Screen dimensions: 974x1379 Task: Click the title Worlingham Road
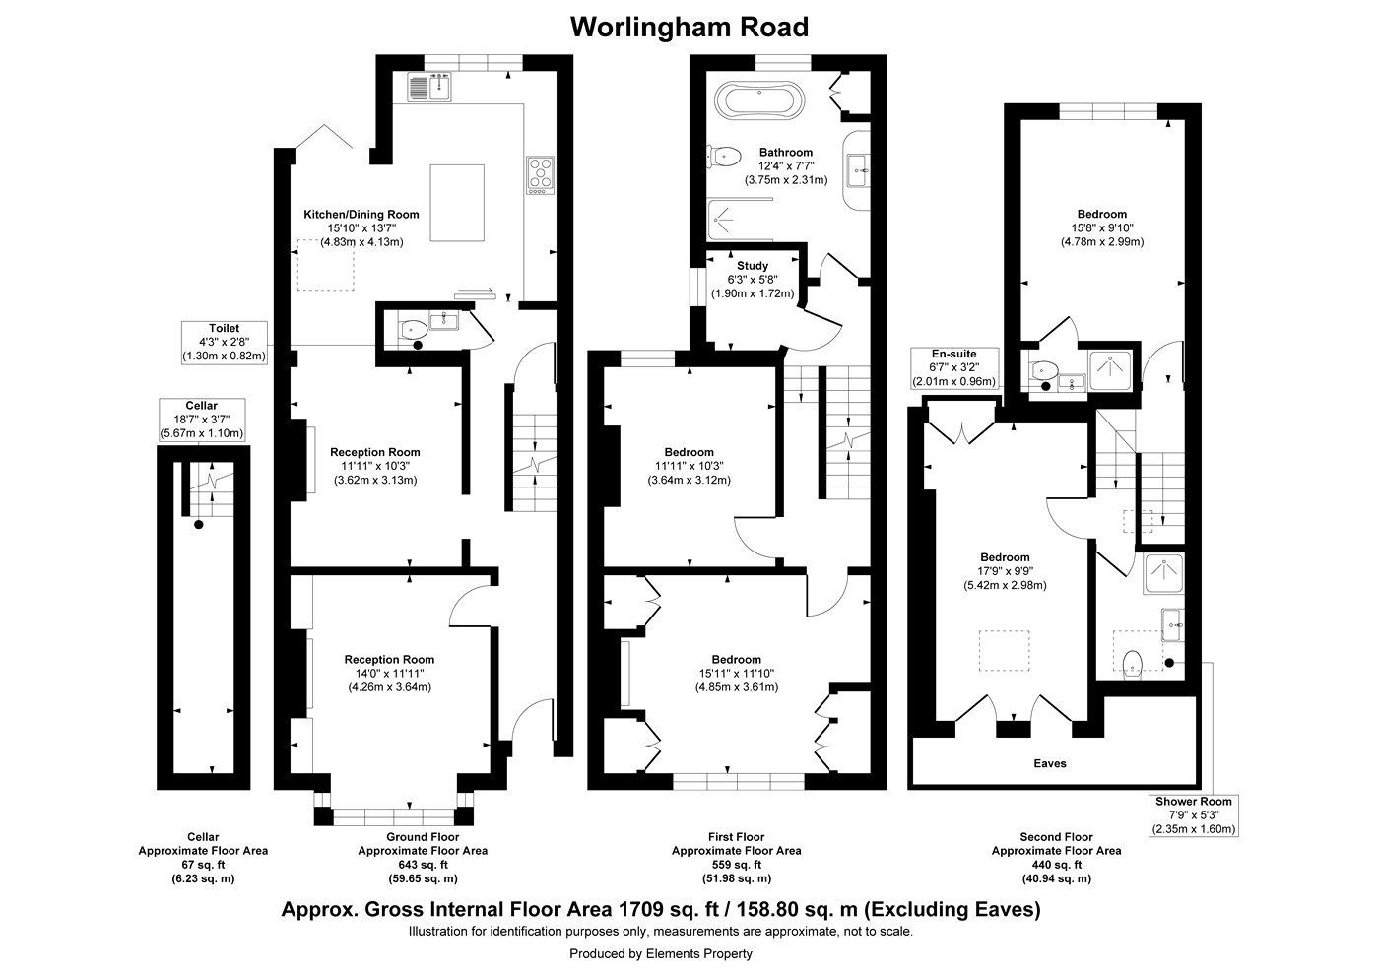pyautogui.click(x=689, y=27)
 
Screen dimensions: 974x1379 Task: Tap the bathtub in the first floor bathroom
pyautogui.click(x=759, y=99)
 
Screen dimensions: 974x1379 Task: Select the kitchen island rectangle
pyautogui.click(x=457, y=203)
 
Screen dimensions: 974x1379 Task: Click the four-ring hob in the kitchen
pyautogui.click(x=541, y=174)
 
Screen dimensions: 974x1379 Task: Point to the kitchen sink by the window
pyautogui.click(x=428, y=87)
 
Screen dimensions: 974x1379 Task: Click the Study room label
pyautogui.click(x=753, y=266)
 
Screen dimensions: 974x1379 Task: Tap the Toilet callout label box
pyautogui.click(x=224, y=343)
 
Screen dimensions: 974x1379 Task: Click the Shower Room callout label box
pyautogui.click(x=1194, y=815)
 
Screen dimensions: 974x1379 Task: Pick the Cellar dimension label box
pyautogui.click(x=202, y=420)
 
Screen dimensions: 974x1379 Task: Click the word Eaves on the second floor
pyautogui.click(x=1049, y=763)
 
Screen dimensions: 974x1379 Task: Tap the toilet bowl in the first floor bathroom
pyautogui.click(x=726, y=155)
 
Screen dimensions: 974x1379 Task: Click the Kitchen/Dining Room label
pyautogui.click(x=361, y=214)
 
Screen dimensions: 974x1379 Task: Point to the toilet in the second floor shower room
pyautogui.click(x=1133, y=661)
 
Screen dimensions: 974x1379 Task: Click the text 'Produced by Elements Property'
pyautogui.click(x=660, y=953)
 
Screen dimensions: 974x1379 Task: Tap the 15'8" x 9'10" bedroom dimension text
pyautogui.click(x=1101, y=227)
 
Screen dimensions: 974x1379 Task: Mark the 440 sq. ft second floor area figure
pyautogui.click(x=1056, y=864)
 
